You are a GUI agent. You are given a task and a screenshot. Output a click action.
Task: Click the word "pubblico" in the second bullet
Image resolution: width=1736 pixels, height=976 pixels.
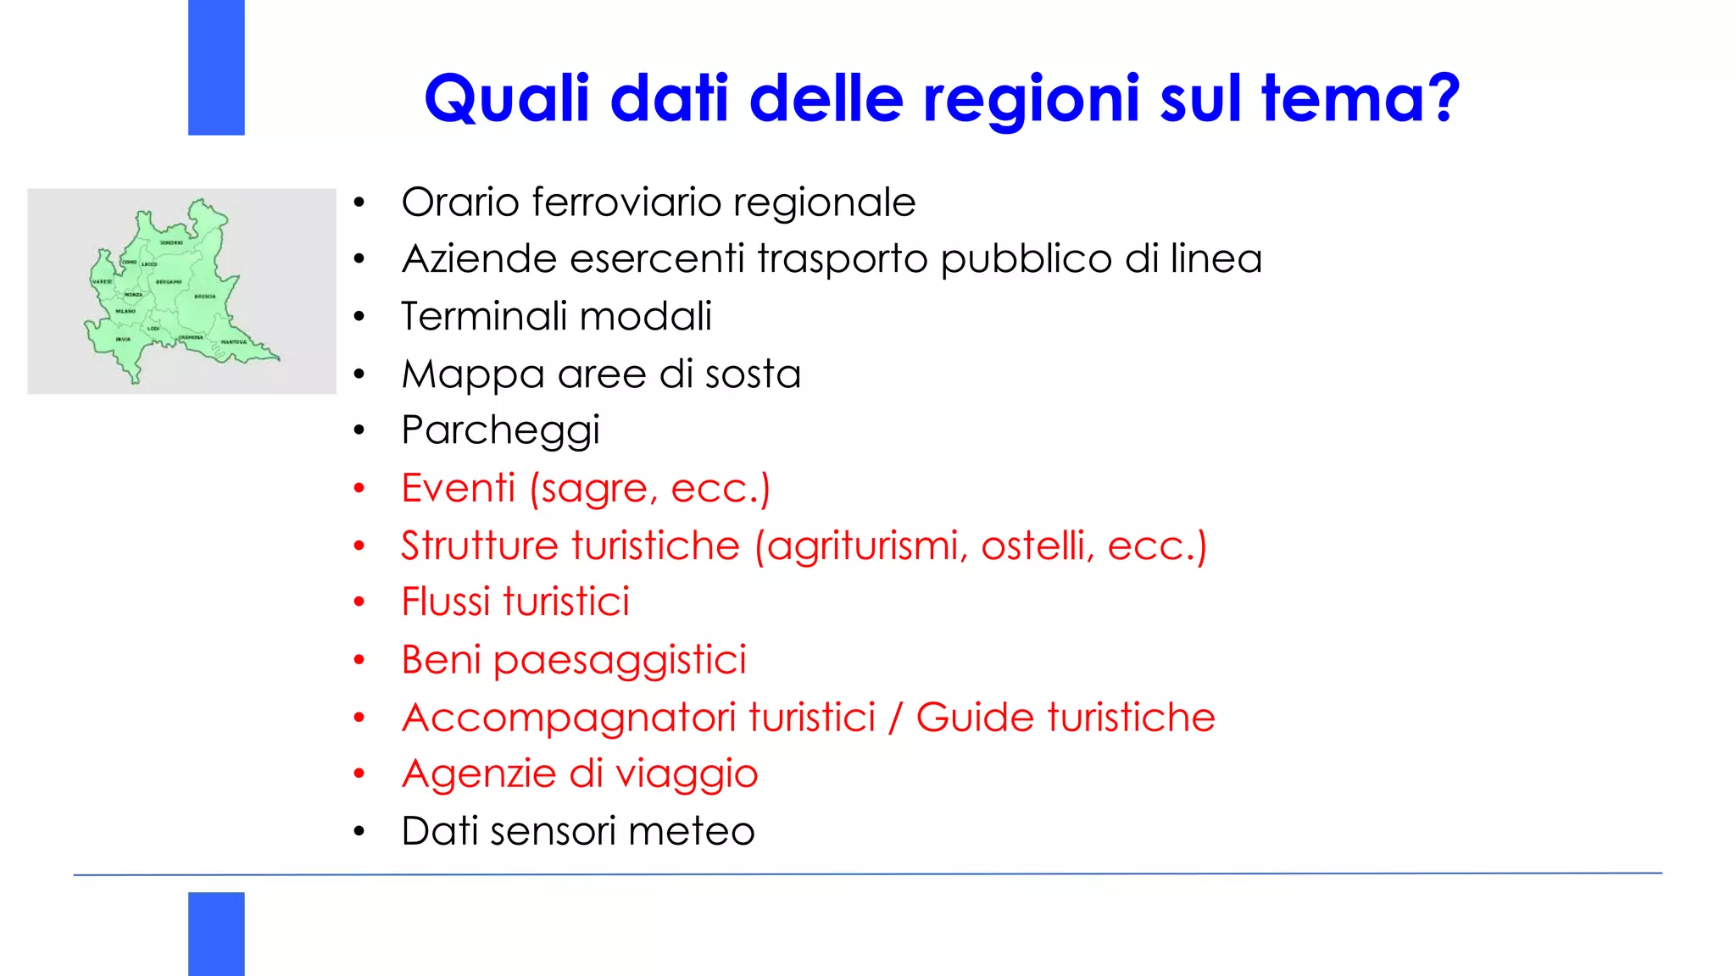pos(1026,259)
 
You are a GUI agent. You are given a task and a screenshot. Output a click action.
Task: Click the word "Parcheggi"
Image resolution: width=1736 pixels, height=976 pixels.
pos(500,431)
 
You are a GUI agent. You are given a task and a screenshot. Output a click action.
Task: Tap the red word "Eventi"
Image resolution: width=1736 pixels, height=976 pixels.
pos(458,489)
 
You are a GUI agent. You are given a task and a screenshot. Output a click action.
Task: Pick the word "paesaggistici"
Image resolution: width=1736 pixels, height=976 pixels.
pos(620,661)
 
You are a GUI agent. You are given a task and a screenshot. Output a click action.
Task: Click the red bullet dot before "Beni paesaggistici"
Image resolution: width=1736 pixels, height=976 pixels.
pos(359,660)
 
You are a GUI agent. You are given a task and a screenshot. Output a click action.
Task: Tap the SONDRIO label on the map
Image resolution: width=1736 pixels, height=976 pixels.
pos(171,243)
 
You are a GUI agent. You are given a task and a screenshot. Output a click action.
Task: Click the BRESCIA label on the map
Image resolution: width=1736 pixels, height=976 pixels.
pos(205,297)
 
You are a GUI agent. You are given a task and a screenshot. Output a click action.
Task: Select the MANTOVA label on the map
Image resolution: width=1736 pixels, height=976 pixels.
pos(234,342)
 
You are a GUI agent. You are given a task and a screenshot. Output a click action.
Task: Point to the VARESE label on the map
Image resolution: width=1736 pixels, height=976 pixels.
pos(102,281)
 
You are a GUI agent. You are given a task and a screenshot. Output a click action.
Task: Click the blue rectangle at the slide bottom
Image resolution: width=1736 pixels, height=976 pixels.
pos(216,933)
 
